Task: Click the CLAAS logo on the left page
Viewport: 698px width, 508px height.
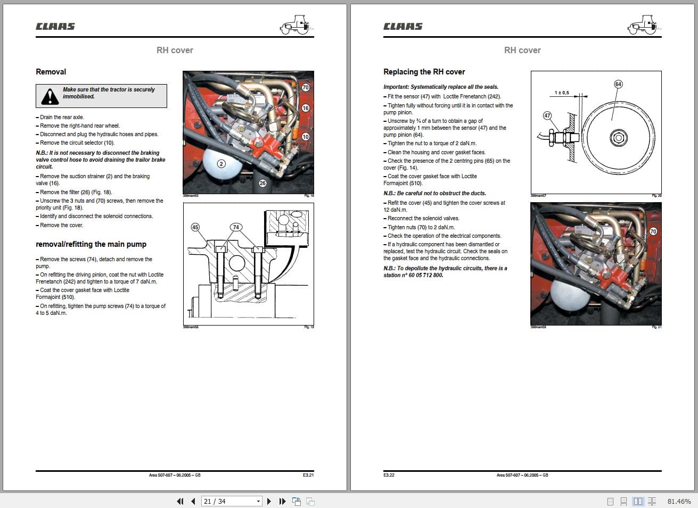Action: coord(55,27)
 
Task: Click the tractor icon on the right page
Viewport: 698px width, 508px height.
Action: coord(644,25)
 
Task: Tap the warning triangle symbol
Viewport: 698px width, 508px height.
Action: coord(50,96)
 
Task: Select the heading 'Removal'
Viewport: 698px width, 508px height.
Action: coord(51,72)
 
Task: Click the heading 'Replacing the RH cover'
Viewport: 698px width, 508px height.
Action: coord(424,72)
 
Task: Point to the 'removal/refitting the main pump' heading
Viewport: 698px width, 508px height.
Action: coord(91,244)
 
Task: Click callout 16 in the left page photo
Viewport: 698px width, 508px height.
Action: coord(305,108)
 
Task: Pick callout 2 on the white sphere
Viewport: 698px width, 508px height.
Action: coord(221,164)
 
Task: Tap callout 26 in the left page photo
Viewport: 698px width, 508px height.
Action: coord(262,183)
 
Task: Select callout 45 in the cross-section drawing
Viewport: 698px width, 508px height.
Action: coord(195,227)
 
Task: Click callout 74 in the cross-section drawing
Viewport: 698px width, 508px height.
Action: coord(236,227)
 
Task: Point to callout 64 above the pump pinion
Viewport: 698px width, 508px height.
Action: coord(618,84)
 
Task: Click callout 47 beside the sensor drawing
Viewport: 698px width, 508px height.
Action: coord(547,115)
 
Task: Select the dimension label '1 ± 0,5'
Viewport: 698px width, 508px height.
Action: coord(561,93)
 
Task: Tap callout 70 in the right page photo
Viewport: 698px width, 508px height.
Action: coord(653,231)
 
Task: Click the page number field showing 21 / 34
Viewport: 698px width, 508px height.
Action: coord(228,501)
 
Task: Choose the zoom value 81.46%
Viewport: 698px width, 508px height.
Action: coord(679,501)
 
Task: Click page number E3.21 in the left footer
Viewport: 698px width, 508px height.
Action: coord(308,475)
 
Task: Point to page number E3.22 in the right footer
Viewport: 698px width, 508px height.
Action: coord(389,475)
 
